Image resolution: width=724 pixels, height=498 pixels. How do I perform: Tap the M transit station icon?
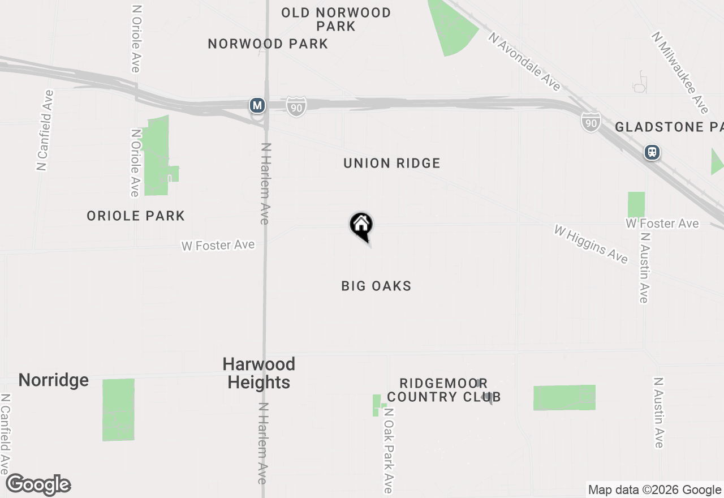pyautogui.click(x=257, y=105)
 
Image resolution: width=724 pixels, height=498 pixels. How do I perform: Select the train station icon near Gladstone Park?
pyautogui.click(x=652, y=152)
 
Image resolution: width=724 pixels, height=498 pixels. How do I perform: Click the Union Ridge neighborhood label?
pyautogui.click(x=391, y=164)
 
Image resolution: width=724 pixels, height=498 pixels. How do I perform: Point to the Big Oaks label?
pyautogui.click(x=376, y=286)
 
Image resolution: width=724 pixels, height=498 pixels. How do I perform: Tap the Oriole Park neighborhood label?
pyautogui.click(x=136, y=216)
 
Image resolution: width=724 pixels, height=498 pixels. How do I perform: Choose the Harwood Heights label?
pyautogui.click(x=259, y=373)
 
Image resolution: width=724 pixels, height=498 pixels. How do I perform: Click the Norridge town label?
pyautogui.click(x=54, y=380)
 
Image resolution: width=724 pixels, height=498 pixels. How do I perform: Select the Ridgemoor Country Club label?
pyautogui.click(x=444, y=390)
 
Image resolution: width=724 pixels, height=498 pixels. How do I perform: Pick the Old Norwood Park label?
pyautogui.click(x=336, y=19)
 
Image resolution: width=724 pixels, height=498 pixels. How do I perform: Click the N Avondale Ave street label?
pyautogui.click(x=525, y=62)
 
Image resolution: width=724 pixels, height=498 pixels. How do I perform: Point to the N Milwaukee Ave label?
pyautogui.click(x=680, y=72)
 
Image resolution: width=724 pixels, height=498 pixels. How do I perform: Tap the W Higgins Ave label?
pyautogui.click(x=591, y=244)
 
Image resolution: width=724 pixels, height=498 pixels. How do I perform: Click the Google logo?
pyautogui.click(x=38, y=485)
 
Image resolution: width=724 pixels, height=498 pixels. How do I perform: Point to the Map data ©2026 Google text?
pyautogui.click(x=654, y=490)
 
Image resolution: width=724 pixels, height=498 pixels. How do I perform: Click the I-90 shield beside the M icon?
pyautogui.click(x=296, y=106)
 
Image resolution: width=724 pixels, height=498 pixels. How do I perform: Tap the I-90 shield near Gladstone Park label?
pyautogui.click(x=590, y=122)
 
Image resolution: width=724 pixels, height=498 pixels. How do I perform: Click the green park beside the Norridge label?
pyautogui.click(x=118, y=410)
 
